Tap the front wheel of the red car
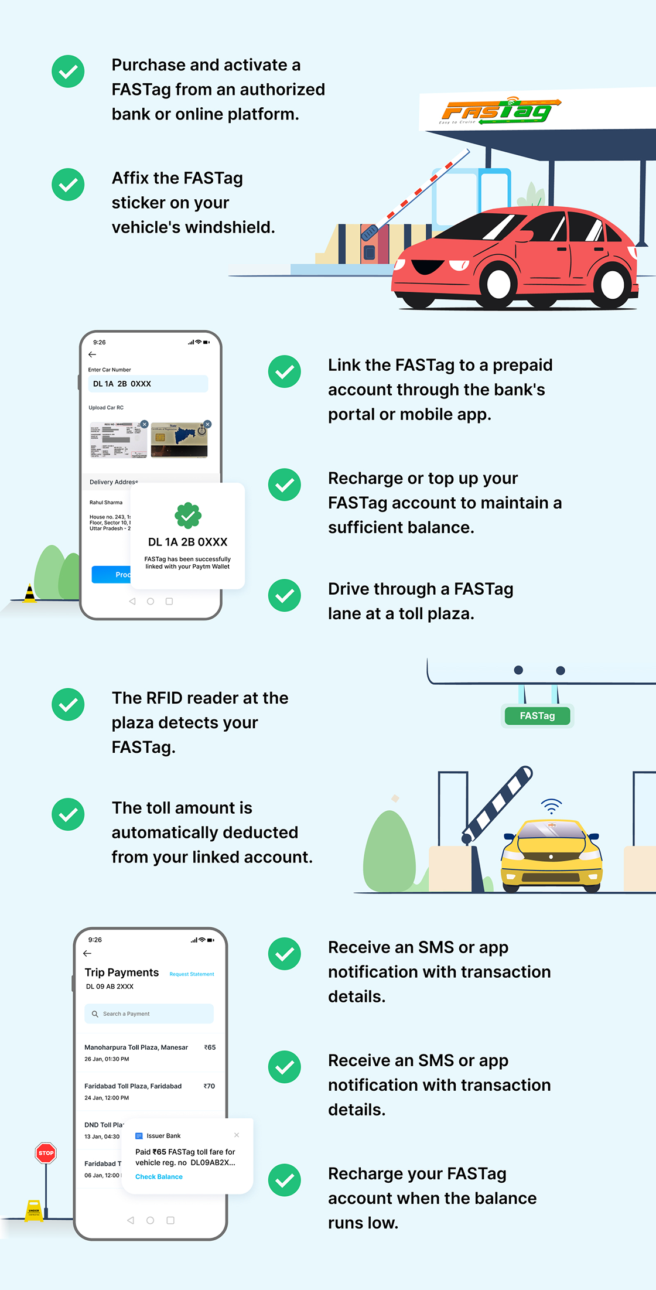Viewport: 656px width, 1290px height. (x=498, y=285)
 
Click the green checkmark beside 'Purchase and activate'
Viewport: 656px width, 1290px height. (x=68, y=71)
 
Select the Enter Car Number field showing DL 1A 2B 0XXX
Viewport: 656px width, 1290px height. (x=148, y=384)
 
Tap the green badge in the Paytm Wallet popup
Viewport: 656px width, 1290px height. (x=188, y=516)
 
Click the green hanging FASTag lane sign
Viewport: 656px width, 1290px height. (x=537, y=716)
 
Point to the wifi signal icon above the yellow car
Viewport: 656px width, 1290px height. (x=551, y=806)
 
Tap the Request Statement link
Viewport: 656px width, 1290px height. (x=192, y=974)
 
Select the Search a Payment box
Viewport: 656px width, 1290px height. (x=149, y=1013)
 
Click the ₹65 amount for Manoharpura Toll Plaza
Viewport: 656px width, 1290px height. (x=210, y=1047)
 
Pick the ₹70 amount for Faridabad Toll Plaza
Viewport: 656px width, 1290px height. (x=209, y=1086)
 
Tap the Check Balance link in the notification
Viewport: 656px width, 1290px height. (x=159, y=1177)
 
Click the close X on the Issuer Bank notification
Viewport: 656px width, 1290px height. (x=237, y=1135)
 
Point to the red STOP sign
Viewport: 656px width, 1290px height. (x=46, y=1153)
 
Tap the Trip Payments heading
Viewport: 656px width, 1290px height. (x=122, y=972)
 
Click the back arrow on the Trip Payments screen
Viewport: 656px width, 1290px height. (x=87, y=954)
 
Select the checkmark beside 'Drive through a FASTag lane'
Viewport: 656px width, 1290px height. (x=285, y=595)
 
